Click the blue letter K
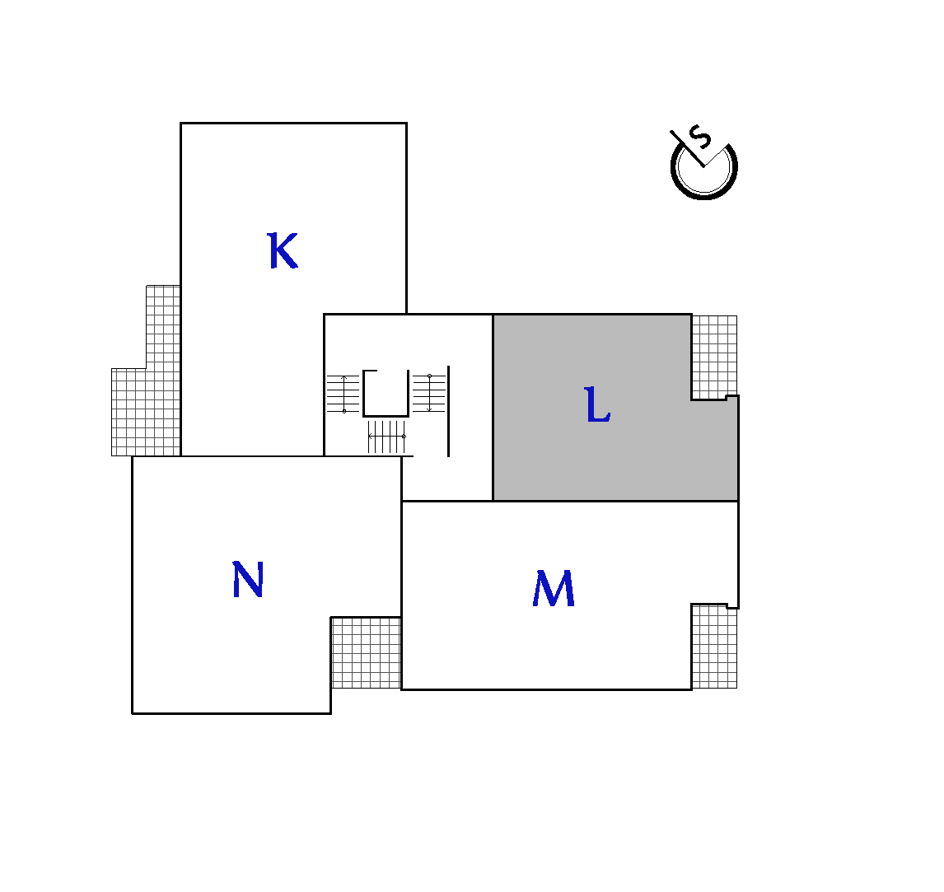coord(283,250)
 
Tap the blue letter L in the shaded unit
coord(597,404)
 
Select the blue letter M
coord(554,588)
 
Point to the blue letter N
coord(247,579)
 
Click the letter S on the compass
coord(700,137)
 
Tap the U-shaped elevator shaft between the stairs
coord(386,414)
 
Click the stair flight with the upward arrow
coord(343,394)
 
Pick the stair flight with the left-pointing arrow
coord(386,437)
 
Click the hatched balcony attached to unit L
coord(715,357)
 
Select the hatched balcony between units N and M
coord(366,652)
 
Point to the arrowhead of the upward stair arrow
coord(343,377)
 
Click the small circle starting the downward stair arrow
coord(430,376)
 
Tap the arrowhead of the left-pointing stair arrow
coord(370,436)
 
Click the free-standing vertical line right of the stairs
coord(448,411)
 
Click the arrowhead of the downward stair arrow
coord(429,410)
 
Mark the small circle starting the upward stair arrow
coord(343,411)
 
